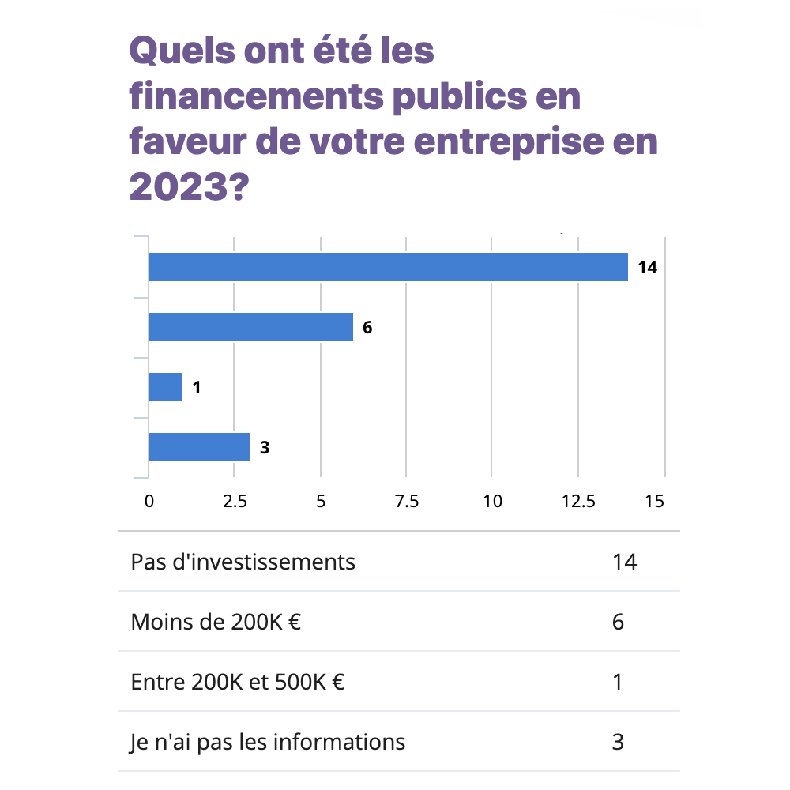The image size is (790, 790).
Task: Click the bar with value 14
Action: coord(388,267)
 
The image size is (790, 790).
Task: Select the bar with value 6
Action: coord(251,327)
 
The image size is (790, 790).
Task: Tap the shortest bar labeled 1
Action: coord(166,387)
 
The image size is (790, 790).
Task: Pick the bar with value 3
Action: coord(200,447)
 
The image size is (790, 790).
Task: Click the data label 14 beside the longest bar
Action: coord(648,268)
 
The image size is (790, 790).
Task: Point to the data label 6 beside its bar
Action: coord(367,328)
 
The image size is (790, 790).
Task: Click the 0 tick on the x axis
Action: coord(149,501)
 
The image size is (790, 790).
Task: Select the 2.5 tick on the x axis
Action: coord(234,501)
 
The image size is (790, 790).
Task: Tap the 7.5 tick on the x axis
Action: coord(406,501)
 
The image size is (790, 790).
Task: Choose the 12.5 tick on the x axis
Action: coord(578,501)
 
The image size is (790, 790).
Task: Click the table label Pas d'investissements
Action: coord(243,562)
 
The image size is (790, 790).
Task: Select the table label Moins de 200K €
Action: coord(216,623)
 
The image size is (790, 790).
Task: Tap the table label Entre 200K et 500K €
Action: coord(237,682)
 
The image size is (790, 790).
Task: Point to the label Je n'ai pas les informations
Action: coord(268,743)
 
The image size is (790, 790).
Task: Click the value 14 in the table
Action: coord(624,562)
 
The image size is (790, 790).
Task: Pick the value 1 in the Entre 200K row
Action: coord(618,682)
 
